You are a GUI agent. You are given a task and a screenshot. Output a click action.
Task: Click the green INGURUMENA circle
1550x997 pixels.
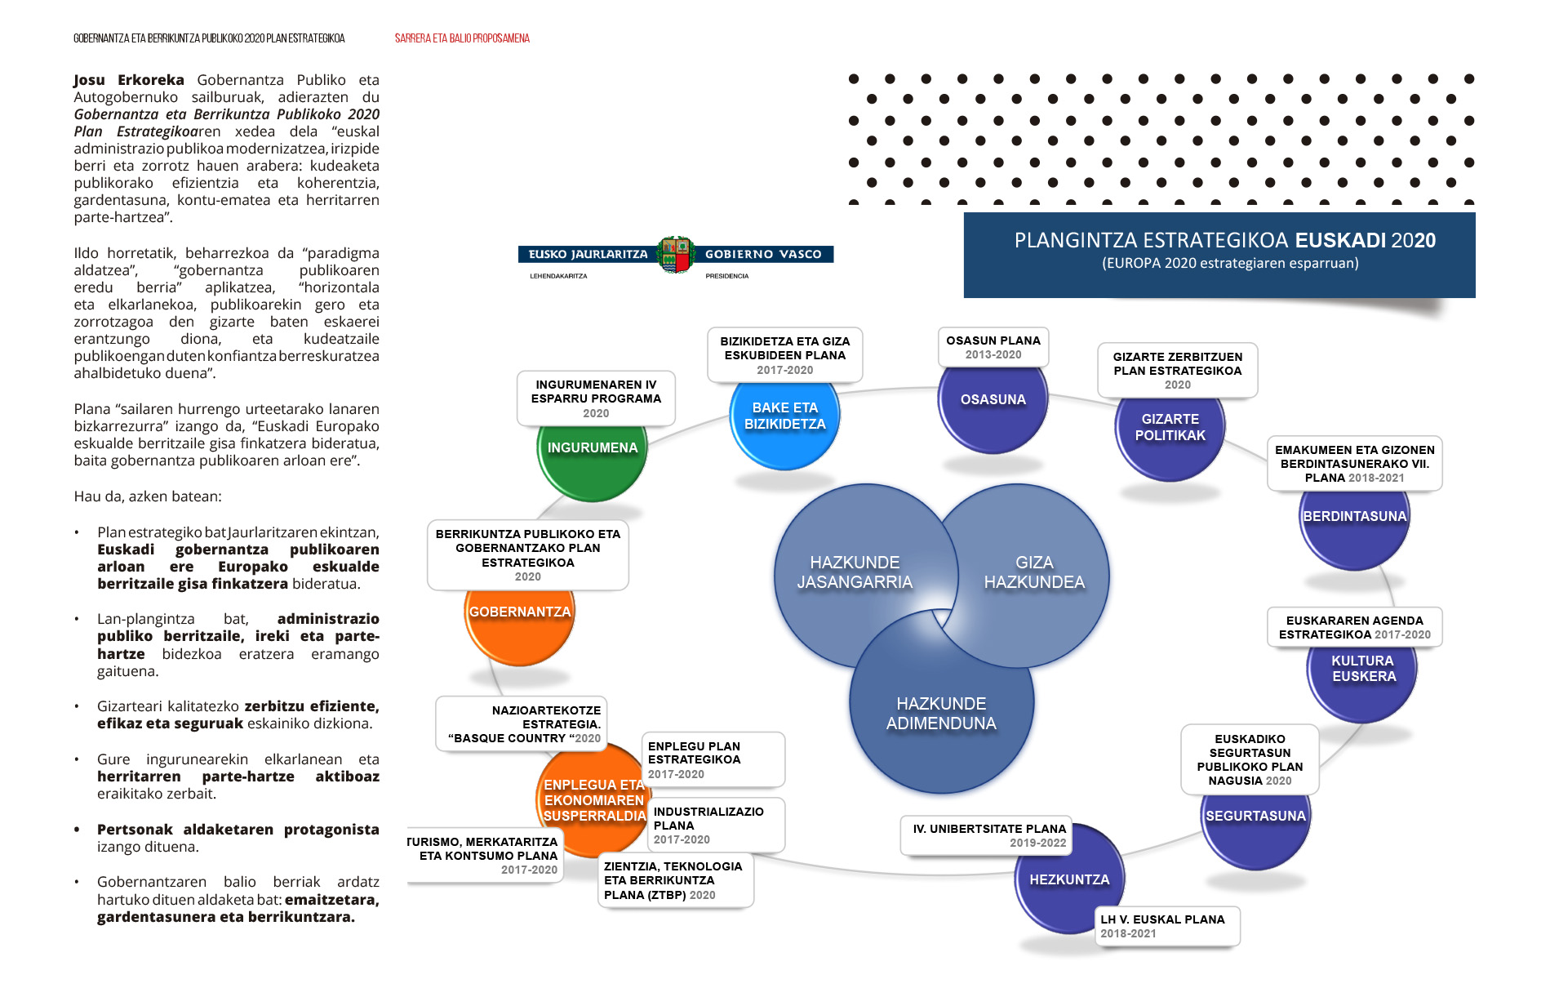[593, 454]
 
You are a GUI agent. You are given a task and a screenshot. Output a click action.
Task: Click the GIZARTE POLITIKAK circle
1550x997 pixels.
[1170, 431]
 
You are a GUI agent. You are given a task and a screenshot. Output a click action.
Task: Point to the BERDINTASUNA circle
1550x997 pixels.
[1354, 523]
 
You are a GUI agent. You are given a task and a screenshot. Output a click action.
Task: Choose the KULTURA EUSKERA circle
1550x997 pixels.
[1363, 674]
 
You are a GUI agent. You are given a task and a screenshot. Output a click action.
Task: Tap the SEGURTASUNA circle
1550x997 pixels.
[1255, 821]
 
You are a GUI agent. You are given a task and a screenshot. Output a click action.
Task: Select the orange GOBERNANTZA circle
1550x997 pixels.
[520, 621]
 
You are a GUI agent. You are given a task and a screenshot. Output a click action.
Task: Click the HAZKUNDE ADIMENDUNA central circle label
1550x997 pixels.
[941, 713]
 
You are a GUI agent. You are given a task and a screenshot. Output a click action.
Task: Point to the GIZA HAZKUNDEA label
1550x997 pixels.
[1034, 572]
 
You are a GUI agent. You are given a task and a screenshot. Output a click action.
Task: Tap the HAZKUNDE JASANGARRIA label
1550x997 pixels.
[855, 572]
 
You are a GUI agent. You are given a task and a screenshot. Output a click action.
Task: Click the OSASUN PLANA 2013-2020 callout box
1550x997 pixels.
[993, 347]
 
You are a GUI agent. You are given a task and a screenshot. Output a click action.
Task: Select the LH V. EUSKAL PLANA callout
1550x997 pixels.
[1166, 926]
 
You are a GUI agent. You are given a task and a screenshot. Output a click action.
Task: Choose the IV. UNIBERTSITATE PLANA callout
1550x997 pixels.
[988, 835]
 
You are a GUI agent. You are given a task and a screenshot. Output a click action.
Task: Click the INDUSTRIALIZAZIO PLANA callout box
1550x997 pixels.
[715, 825]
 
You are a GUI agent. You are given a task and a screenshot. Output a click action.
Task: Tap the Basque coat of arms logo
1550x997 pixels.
[676, 255]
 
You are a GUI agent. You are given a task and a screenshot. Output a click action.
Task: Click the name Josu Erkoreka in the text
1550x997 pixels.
[129, 80]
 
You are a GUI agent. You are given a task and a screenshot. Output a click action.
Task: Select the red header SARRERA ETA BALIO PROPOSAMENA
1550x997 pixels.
[462, 38]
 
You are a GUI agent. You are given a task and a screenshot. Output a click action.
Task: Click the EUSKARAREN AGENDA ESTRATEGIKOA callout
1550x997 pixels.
[1354, 627]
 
